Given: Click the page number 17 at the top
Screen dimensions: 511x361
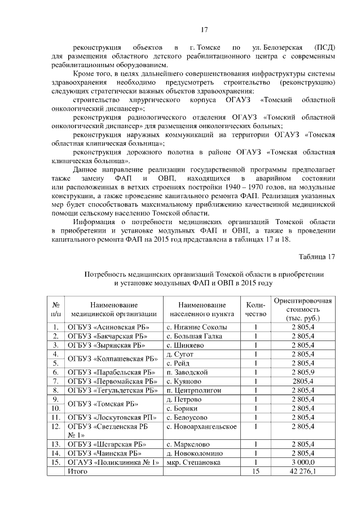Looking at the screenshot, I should (x=205, y=29).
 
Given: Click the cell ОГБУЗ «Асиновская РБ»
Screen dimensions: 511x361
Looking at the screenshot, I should (x=100, y=327).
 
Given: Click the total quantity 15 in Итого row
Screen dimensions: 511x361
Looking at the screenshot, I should (x=256, y=471).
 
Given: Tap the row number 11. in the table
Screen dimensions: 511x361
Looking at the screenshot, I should (x=56, y=417).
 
